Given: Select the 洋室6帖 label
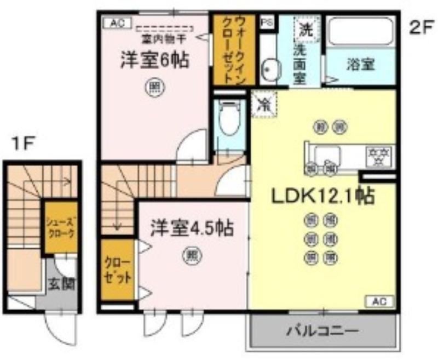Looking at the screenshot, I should [x=155, y=60].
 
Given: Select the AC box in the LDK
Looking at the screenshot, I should [x=379, y=301].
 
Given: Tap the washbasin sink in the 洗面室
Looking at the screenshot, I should [x=270, y=69].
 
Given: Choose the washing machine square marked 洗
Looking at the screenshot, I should [x=305, y=30].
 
